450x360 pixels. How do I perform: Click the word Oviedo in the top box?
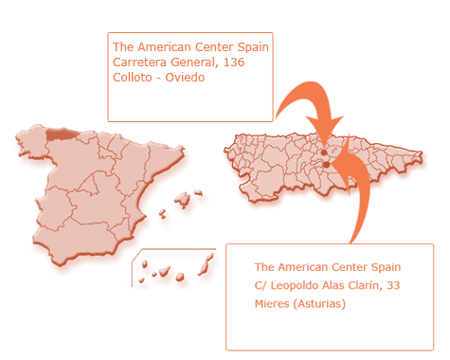tap(186, 77)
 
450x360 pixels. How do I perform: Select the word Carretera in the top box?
tap(139, 62)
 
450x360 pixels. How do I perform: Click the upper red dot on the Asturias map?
tap(324, 152)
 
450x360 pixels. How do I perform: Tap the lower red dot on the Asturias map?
tap(325, 164)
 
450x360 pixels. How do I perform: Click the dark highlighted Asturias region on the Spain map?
tap(59, 134)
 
